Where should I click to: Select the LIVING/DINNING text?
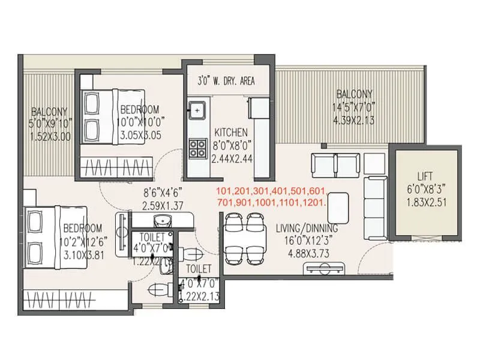[307, 229]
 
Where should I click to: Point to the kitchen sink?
[197, 110]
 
